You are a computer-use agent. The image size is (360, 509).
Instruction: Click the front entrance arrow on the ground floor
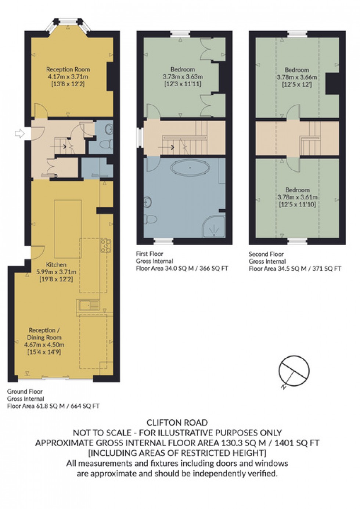coord(19,134)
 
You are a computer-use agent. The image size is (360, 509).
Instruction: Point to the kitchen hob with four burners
coord(106,245)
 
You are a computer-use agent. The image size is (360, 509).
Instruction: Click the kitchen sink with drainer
coord(88,305)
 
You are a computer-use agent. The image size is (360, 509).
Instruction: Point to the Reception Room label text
coord(68,69)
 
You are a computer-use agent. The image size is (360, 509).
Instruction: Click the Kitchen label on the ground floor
coord(56,265)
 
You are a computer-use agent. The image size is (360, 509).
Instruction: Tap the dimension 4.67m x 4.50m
coord(44,345)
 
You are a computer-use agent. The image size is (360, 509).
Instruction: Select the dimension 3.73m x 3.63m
coord(183,77)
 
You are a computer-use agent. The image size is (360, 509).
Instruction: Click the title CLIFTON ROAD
coord(177,422)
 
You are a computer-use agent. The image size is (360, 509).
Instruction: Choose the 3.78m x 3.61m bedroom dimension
coord(297,197)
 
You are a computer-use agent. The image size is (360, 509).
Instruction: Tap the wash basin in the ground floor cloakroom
coord(109,129)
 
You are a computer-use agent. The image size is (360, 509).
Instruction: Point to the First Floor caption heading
coord(150,254)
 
